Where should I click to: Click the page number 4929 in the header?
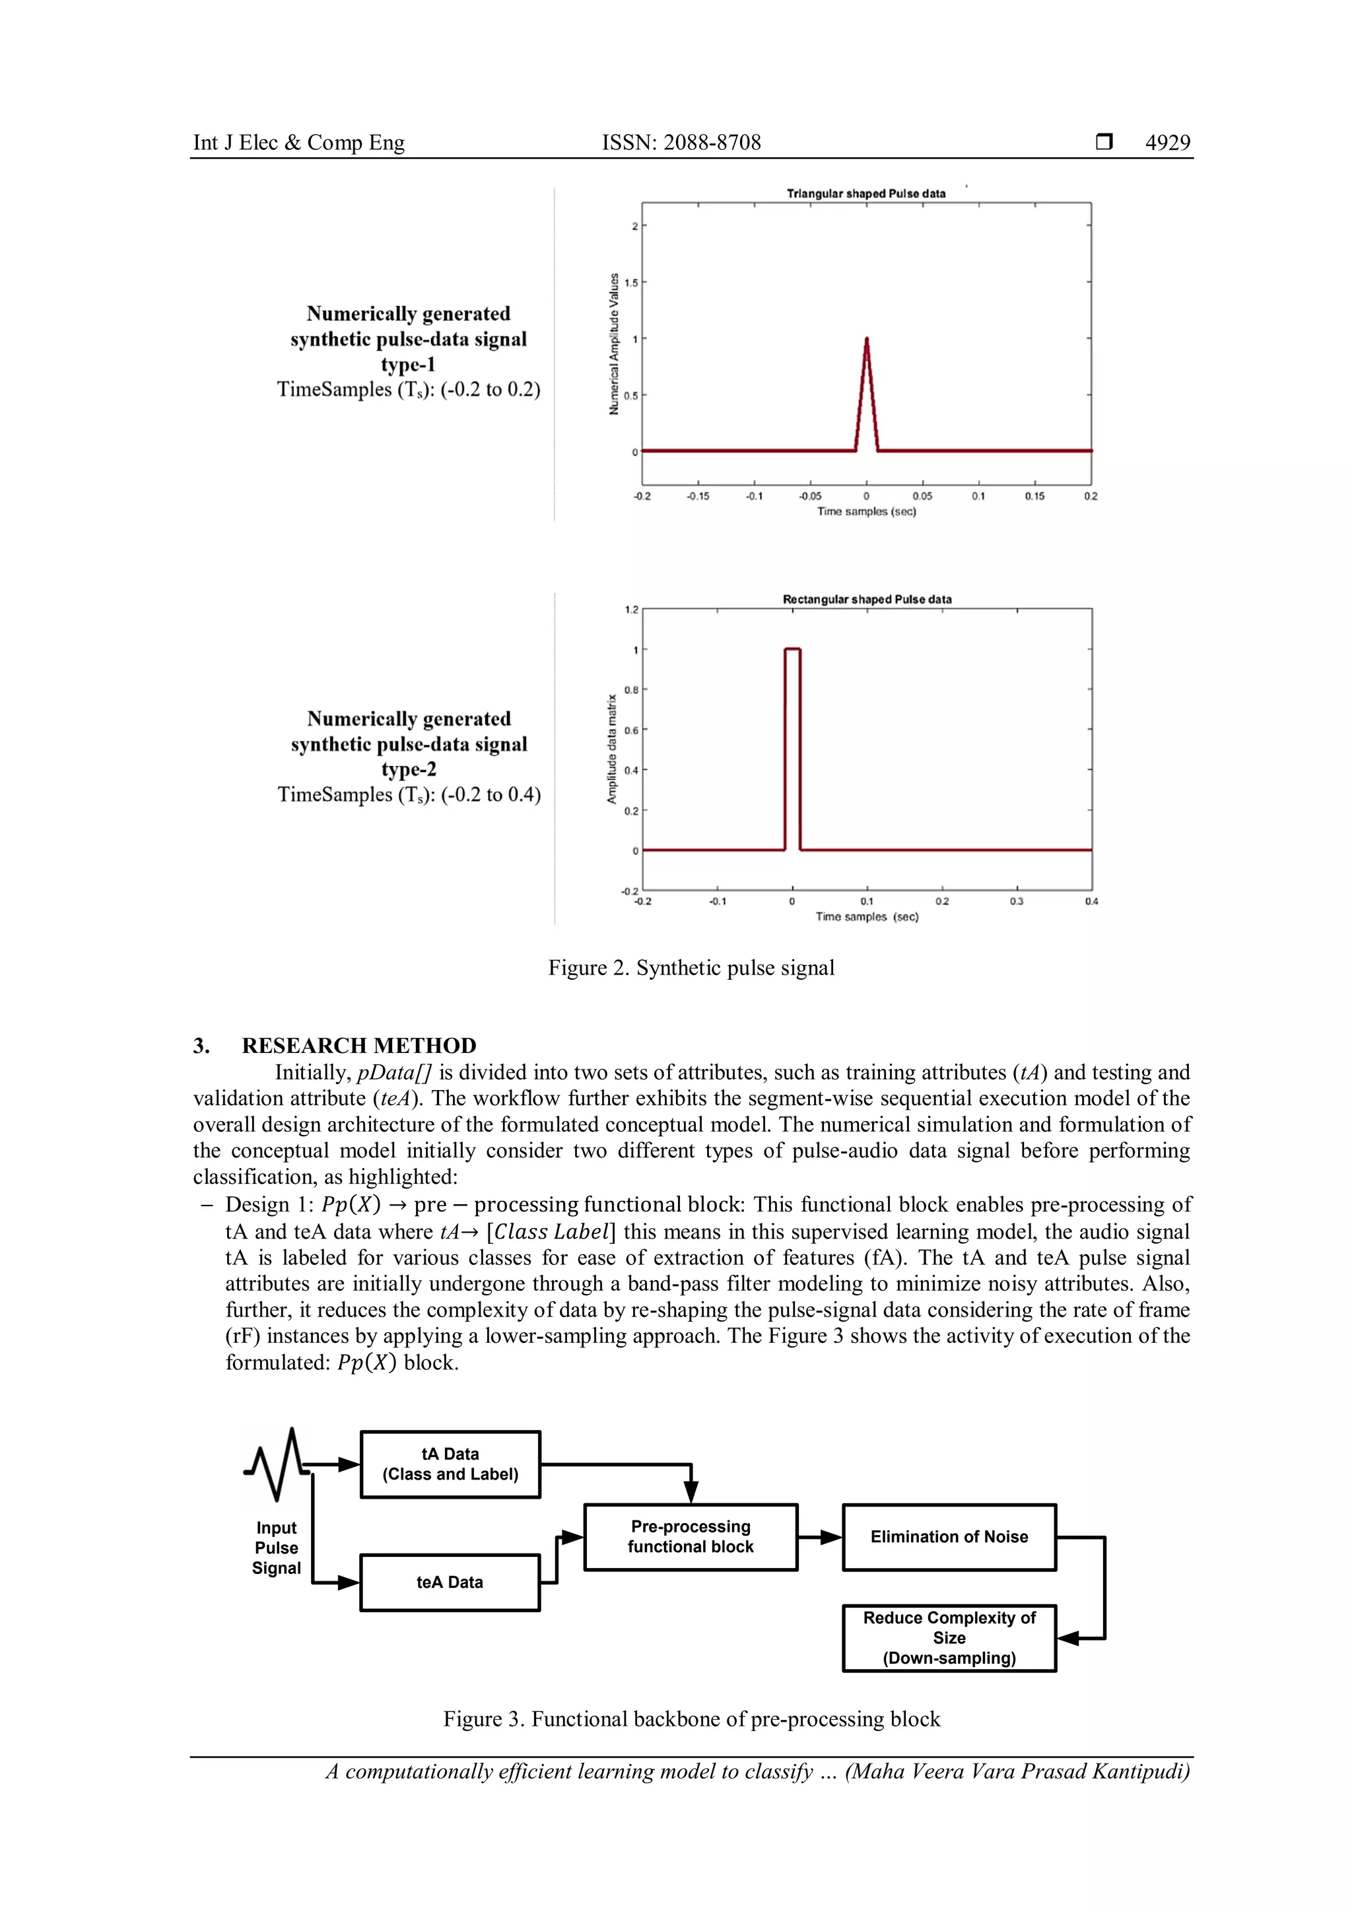tap(1167, 143)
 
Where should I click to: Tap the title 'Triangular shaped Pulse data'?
tap(866, 193)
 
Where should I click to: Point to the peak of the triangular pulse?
tap(867, 340)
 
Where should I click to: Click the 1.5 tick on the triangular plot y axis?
tap(632, 283)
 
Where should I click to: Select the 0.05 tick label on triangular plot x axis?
tap(922, 496)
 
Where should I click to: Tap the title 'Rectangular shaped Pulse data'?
tap(867, 599)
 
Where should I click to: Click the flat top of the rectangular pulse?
tap(792, 649)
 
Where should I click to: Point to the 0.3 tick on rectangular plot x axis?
tap(1017, 901)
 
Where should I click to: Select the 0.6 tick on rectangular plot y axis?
tap(632, 730)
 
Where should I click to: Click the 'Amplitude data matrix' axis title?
tap(612, 749)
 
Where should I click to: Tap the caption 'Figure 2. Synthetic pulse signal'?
tap(691, 968)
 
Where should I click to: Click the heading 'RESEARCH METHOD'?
tap(359, 1045)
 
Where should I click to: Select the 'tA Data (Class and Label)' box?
tap(450, 1464)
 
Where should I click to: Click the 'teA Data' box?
tap(450, 1583)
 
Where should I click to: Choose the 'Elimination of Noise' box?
tap(949, 1537)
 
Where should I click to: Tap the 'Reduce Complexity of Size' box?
tap(949, 1638)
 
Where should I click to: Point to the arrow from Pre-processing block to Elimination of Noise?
tap(820, 1537)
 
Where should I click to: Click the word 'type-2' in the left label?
tap(409, 769)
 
